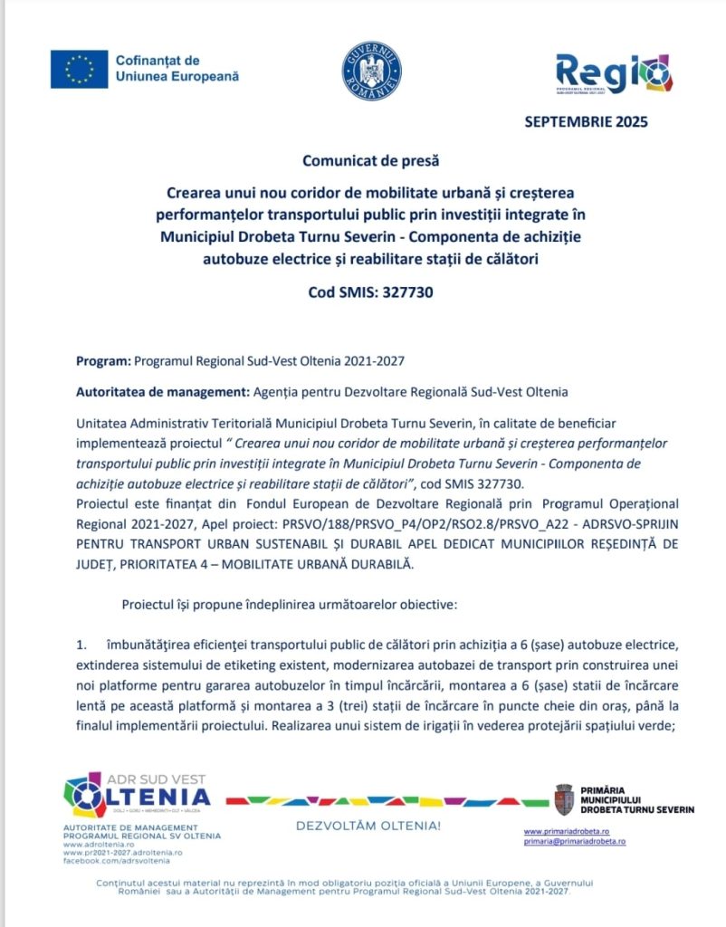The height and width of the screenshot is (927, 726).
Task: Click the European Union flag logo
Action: pyautogui.click(x=79, y=69)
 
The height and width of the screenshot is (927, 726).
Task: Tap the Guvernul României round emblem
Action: pyautogui.click(x=371, y=71)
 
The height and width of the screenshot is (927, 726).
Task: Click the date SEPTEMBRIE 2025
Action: pyautogui.click(x=586, y=122)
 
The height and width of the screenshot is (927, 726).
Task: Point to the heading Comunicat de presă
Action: pyautogui.click(x=370, y=161)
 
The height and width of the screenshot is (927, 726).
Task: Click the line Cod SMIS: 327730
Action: pyautogui.click(x=370, y=292)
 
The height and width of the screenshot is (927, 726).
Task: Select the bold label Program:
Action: pyautogui.click(x=103, y=360)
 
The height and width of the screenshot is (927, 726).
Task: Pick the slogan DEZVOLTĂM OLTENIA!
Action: pyautogui.click(x=368, y=826)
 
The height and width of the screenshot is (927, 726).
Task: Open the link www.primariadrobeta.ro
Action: pyautogui.click(x=566, y=830)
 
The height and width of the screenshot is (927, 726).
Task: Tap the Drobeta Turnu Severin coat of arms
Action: pyautogui.click(x=564, y=799)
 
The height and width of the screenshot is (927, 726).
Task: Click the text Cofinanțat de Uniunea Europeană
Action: pyautogui.click(x=177, y=69)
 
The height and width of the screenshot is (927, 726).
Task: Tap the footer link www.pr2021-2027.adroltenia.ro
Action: pyautogui.click(x=122, y=853)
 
